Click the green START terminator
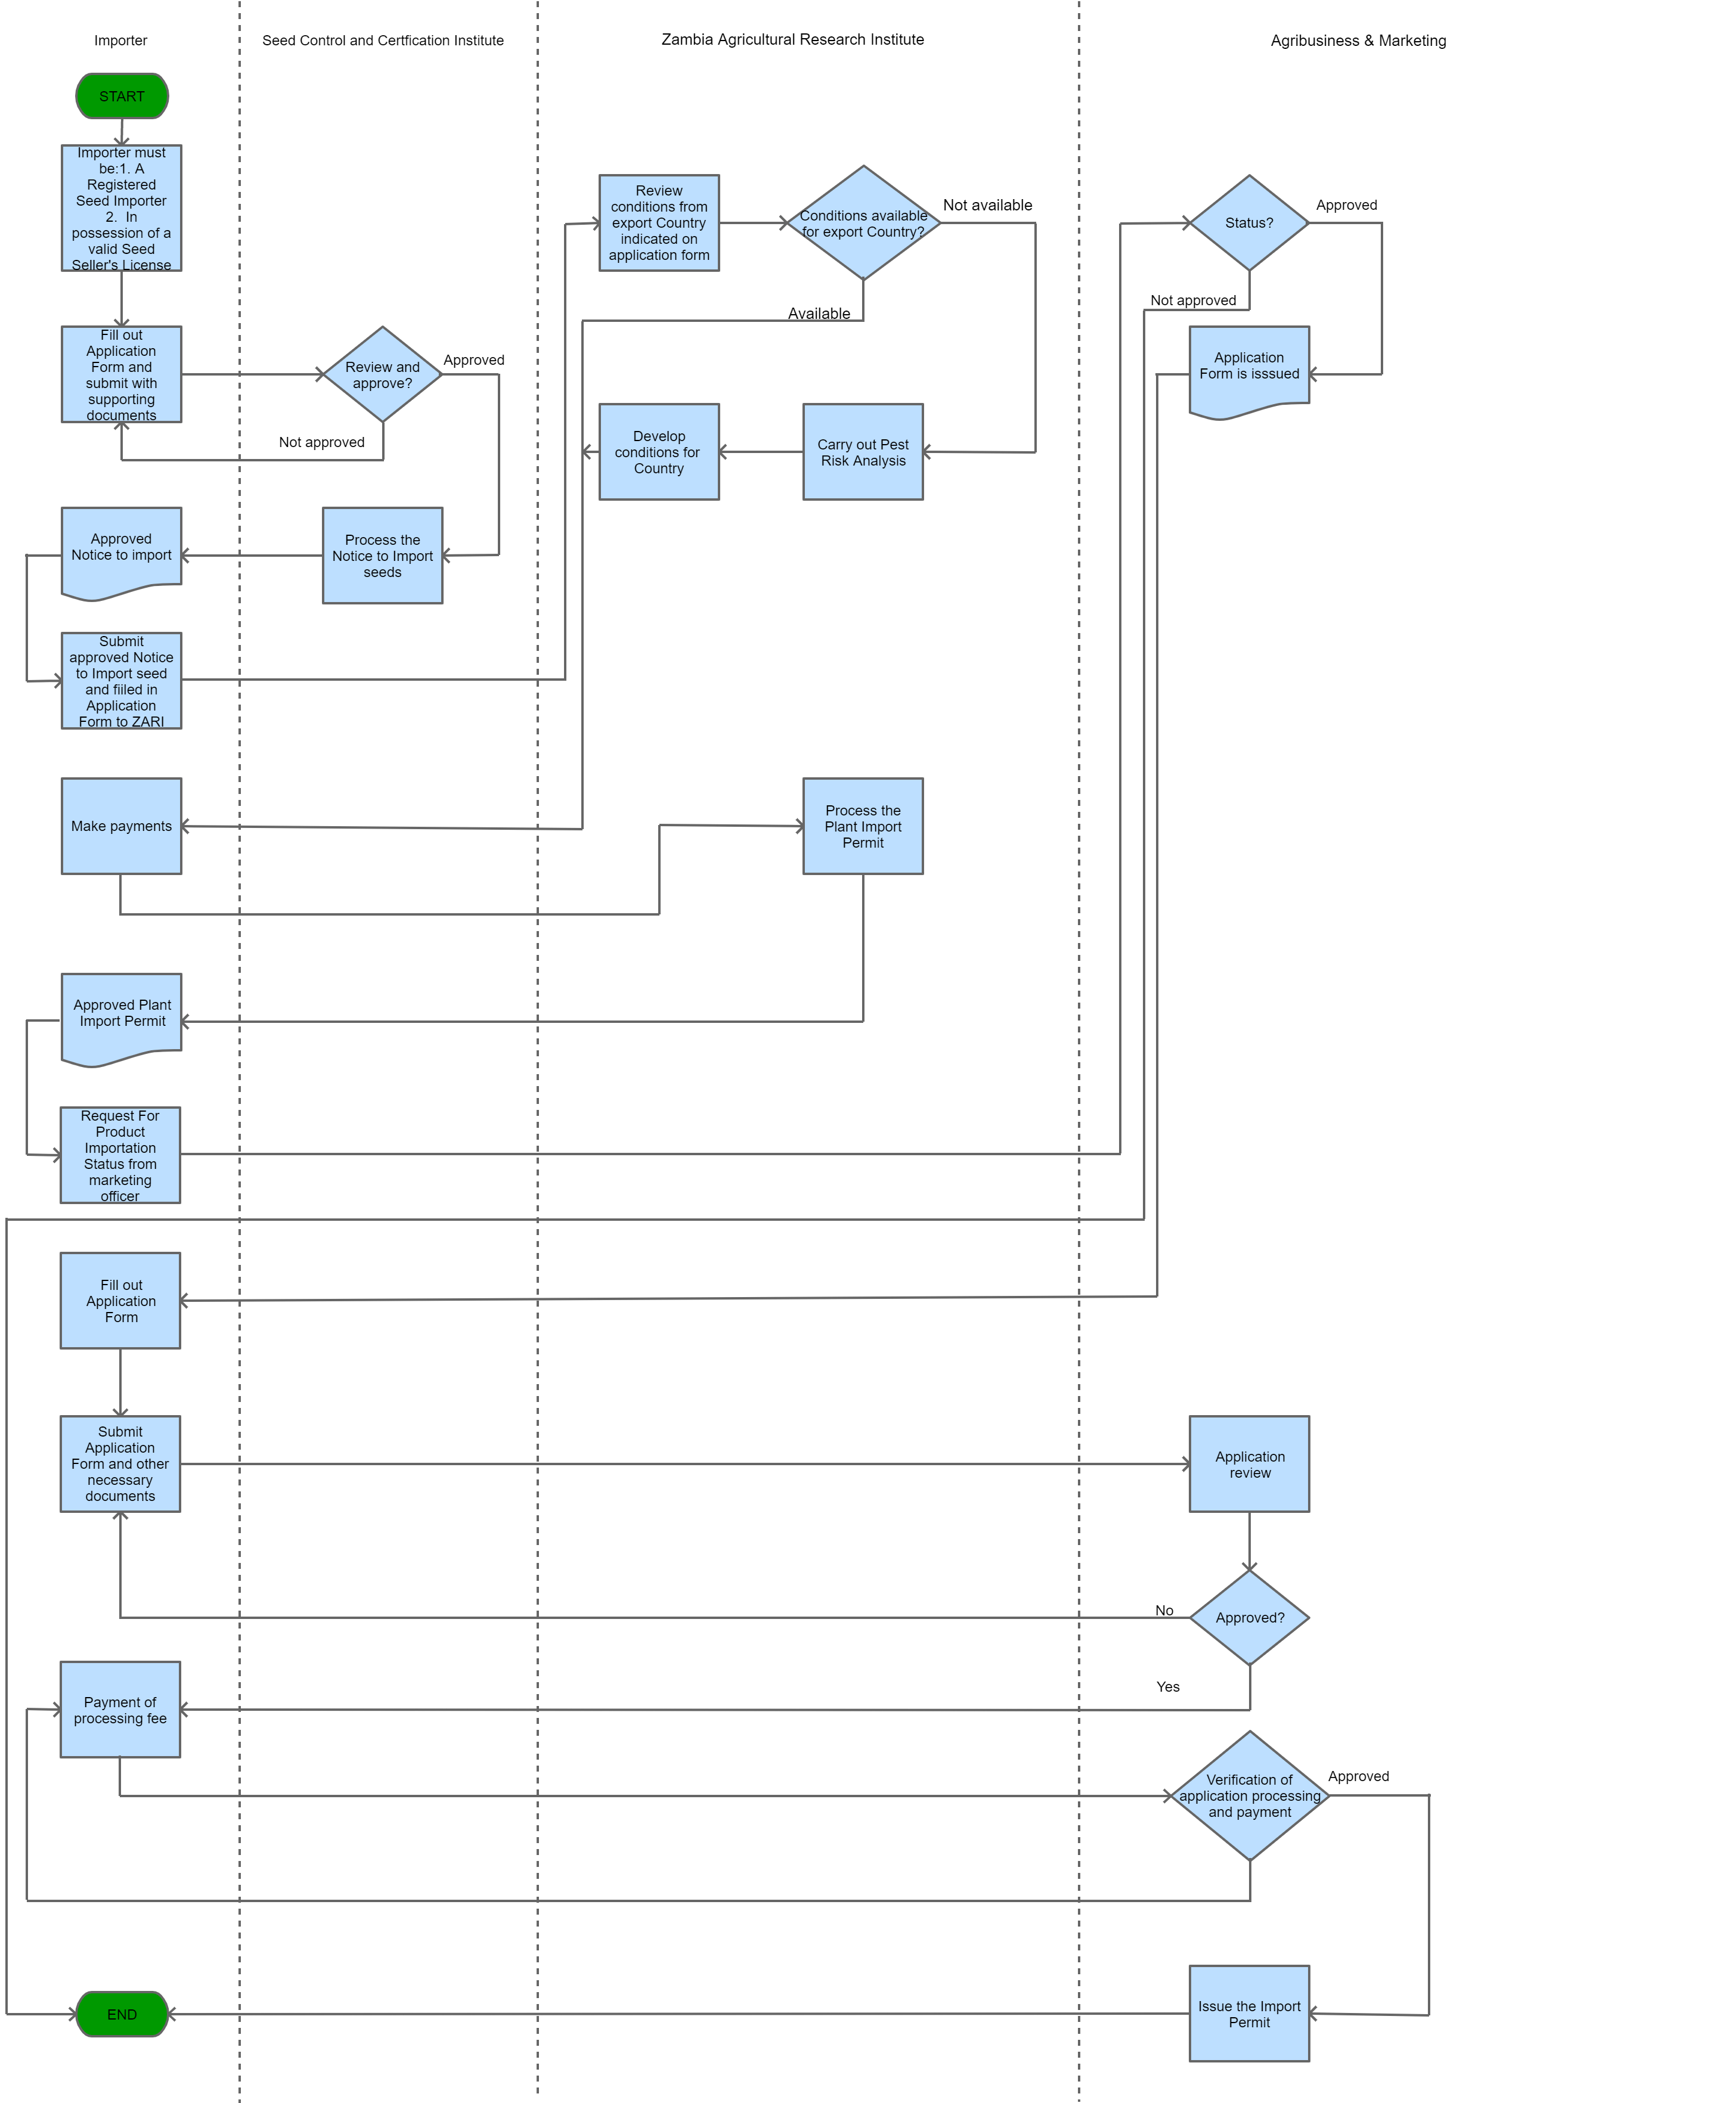point(122,96)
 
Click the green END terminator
point(122,2014)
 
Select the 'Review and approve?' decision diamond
point(382,374)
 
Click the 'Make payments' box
point(121,826)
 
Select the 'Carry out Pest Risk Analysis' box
point(863,452)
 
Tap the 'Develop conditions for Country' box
point(658,452)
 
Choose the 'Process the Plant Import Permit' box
point(863,826)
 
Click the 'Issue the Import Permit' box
point(1248,2014)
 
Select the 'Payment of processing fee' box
point(120,1709)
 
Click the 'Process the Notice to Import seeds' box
point(382,555)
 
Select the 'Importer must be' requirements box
point(121,209)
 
